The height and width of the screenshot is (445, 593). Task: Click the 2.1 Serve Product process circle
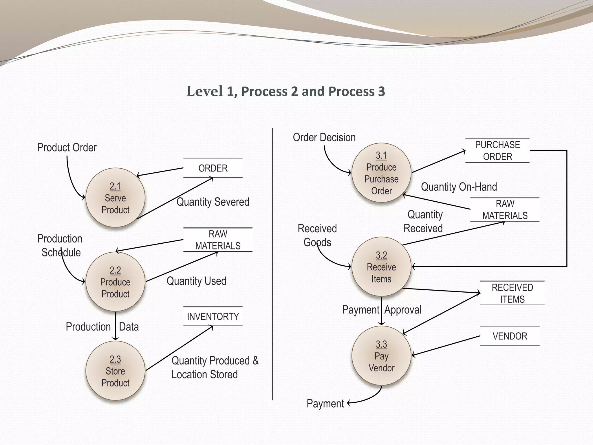click(x=115, y=198)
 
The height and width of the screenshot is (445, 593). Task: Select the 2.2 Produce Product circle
click(x=115, y=282)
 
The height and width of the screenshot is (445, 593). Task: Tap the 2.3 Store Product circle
click(x=115, y=371)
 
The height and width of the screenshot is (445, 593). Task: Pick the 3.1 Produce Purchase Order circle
click(x=381, y=173)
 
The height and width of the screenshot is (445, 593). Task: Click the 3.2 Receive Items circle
click(x=381, y=267)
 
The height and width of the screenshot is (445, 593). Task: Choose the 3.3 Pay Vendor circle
click(x=381, y=356)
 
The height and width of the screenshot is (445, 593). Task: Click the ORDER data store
click(x=213, y=168)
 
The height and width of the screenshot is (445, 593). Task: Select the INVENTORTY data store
click(x=213, y=316)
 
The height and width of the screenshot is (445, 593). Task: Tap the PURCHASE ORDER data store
click(x=497, y=151)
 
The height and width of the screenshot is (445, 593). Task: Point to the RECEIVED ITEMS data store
click(x=512, y=293)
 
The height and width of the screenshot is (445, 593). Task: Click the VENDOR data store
click(x=510, y=336)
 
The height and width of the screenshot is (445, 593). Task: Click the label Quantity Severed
click(x=213, y=202)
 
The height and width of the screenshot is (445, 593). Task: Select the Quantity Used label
click(x=196, y=281)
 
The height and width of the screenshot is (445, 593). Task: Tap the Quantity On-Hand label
click(x=459, y=187)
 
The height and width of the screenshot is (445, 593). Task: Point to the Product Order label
click(x=67, y=147)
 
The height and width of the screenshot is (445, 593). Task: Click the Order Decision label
click(x=324, y=137)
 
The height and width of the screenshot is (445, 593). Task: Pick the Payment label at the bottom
click(x=325, y=404)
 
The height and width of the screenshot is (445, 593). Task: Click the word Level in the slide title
click(x=205, y=91)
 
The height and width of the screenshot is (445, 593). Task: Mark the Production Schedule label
click(x=60, y=245)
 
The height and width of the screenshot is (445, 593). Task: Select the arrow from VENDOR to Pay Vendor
click(x=446, y=346)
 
